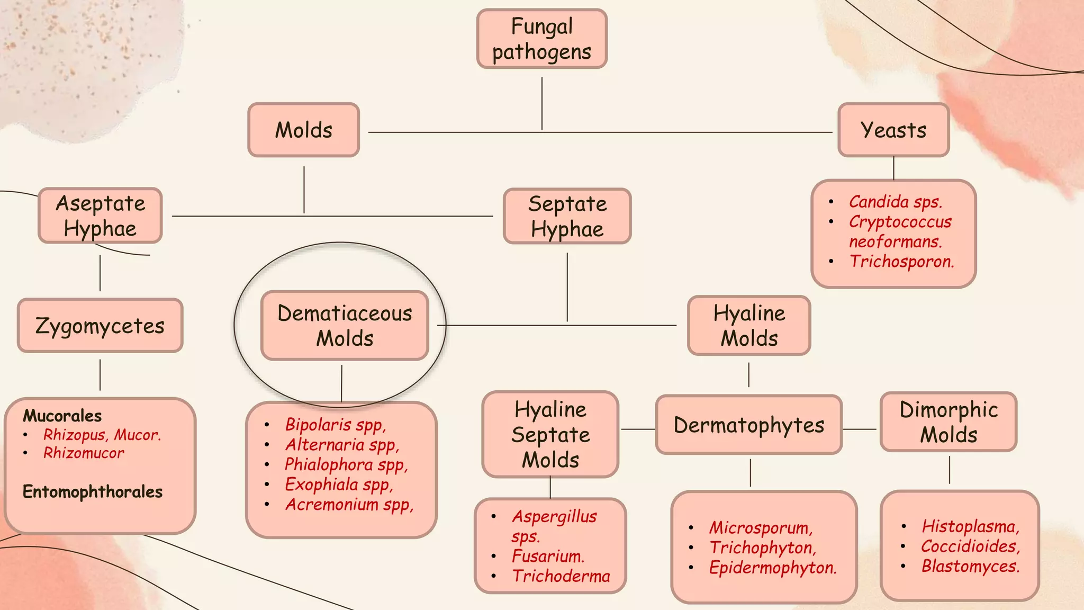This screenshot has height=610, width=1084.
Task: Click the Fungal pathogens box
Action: (541, 39)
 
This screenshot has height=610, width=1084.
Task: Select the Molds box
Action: (303, 130)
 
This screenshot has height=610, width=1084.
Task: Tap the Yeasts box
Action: (893, 130)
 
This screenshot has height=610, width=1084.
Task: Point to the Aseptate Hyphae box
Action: (100, 216)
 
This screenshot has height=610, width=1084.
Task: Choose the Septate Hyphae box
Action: (567, 217)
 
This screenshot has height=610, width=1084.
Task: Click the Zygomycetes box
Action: (100, 326)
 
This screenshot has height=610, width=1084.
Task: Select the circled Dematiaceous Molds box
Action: (345, 326)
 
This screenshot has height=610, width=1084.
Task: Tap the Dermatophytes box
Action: (748, 425)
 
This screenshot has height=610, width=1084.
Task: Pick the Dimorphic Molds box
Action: (948, 422)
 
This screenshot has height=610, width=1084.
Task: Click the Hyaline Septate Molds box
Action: (550, 435)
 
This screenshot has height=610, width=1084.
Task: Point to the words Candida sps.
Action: (896, 202)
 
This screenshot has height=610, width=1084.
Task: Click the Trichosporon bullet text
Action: (901, 262)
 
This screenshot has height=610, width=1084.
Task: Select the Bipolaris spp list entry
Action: (336, 425)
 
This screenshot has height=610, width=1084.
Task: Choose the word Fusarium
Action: (548, 556)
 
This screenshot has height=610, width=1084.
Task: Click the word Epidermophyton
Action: (773, 568)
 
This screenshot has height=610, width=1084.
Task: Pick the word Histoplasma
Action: (970, 526)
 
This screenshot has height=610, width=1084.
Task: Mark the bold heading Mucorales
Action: (62, 416)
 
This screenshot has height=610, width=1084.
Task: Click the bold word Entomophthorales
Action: (93, 492)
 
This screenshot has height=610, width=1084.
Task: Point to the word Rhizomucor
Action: (84, 453)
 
